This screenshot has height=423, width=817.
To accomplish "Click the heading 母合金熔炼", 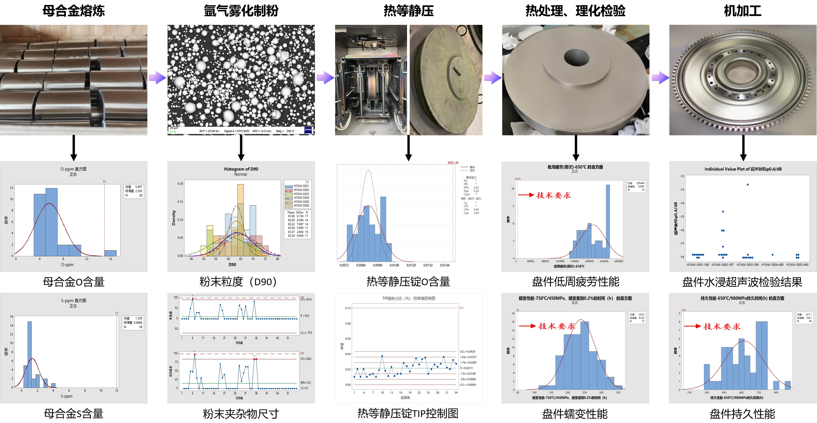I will [74, 11].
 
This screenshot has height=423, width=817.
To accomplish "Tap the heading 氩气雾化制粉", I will [241, 11].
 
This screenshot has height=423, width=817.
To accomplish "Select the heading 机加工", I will [742, 11].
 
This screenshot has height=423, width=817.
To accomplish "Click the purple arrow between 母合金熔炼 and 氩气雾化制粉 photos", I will [157, 78].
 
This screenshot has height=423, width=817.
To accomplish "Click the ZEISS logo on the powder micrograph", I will [308, 130].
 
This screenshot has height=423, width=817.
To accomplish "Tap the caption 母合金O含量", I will [74, 282].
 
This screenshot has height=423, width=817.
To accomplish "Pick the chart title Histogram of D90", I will [241, 169].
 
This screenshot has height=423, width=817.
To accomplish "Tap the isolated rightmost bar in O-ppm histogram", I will [110, 253].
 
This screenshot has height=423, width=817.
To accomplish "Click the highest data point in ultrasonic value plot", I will [747, 184].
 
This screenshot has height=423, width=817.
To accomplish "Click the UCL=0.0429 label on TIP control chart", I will [468, 351].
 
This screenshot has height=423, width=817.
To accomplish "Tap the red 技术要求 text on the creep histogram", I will [557, 326].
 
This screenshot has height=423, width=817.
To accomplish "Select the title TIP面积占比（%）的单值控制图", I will [408, 298].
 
